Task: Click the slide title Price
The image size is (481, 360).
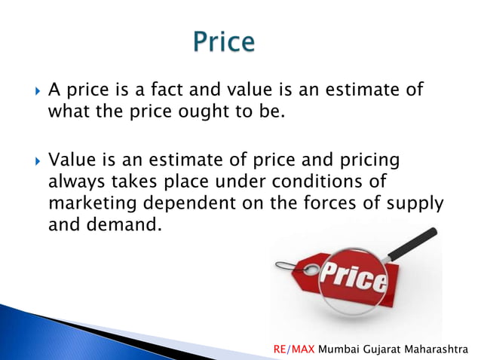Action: point(224,42)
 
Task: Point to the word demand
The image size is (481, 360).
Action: point(121,225)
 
